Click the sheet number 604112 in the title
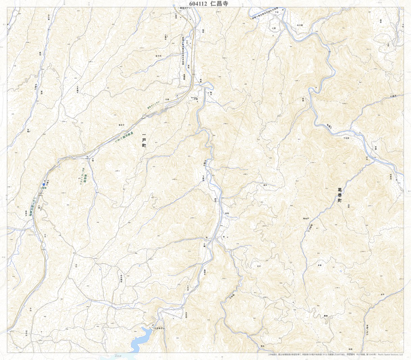pos(198,4)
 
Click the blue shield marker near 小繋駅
pos(44,185)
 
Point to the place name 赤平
pos(383,295)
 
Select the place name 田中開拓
pos(121,278)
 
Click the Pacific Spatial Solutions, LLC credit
pos(390,355)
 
